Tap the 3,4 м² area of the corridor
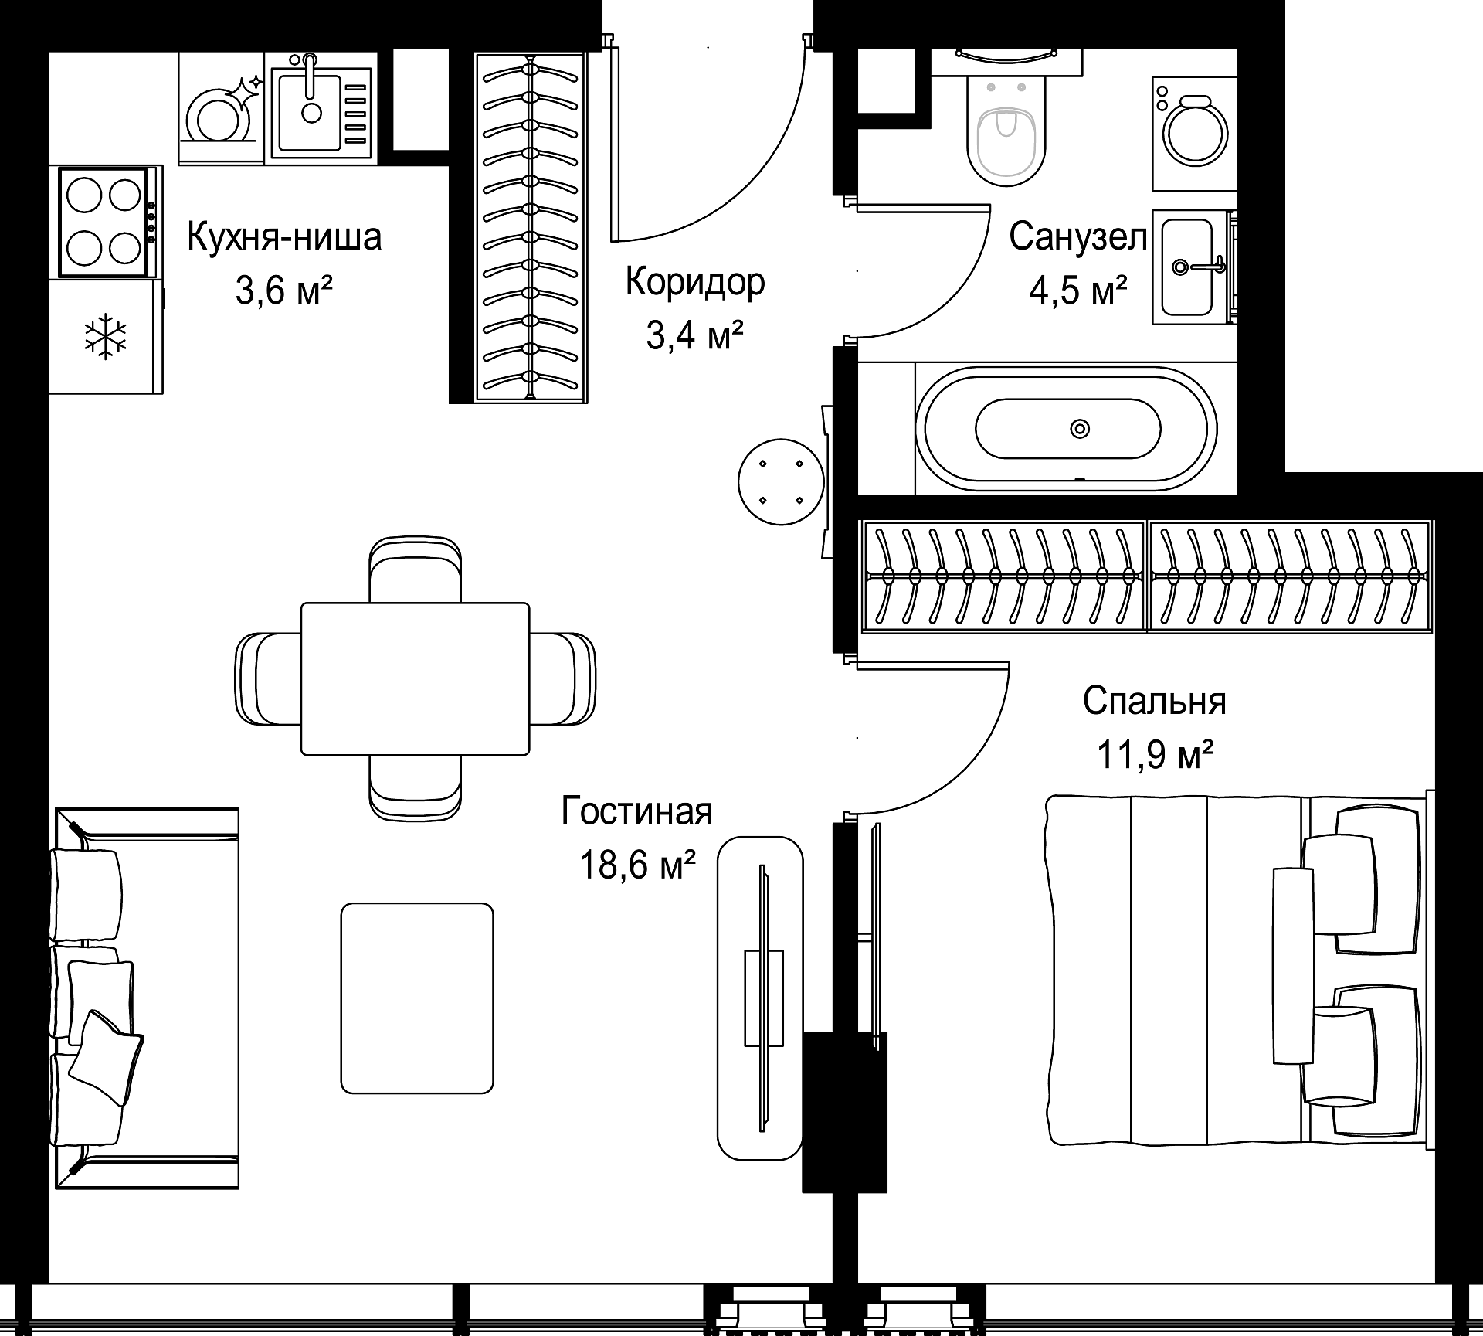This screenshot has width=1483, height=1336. (x=694, y=336)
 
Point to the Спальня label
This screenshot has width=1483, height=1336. (x=1154, y=702)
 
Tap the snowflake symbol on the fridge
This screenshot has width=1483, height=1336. (x=105, y=336)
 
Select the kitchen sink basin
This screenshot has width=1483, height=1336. (x=311, y=109)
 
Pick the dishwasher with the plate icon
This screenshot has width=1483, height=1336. (x=222, y=108)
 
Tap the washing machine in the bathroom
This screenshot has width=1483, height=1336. (x=1194, y=133)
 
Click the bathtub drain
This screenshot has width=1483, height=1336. (x=1079, y=428)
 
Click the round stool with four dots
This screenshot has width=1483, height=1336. (x=780, y=482)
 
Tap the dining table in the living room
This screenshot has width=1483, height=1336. (x=415, y=678)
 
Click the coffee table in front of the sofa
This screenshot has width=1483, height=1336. (x=417, y=998)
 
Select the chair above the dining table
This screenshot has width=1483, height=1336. (x=416, y=569)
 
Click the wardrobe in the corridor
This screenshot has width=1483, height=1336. (x=530, y=227)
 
